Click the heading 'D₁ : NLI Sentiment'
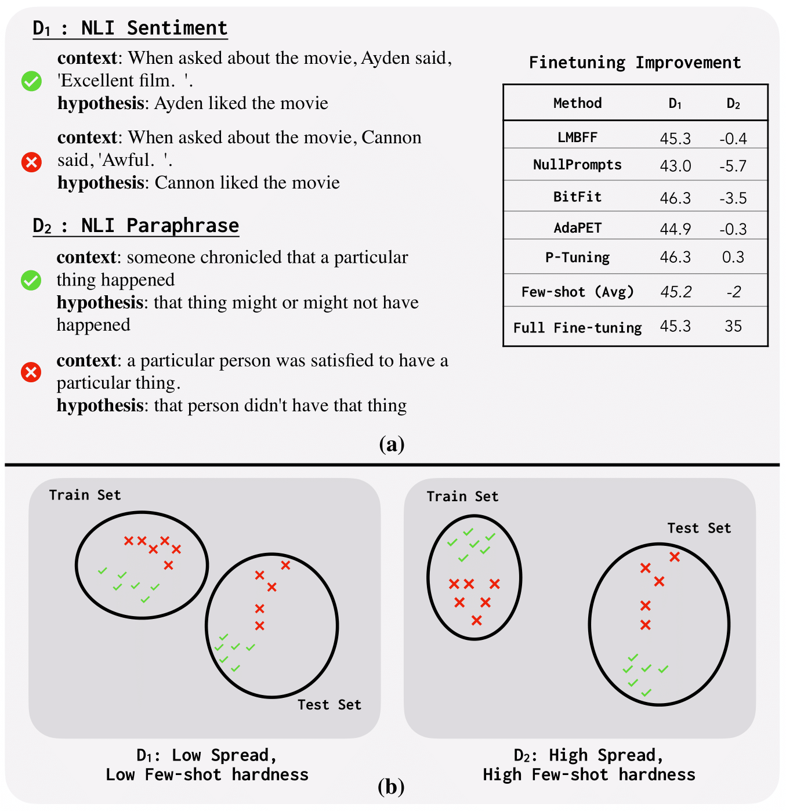tap(130, 28)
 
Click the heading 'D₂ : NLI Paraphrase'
tap(136, 225)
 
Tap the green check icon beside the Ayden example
tap(31, 81)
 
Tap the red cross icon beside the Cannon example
tap(31, 162)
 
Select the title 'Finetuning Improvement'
tap(635, 63)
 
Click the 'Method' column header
tap(577, 103)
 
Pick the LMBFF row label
tap(577, 137)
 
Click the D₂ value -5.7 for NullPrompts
tap(733, 166)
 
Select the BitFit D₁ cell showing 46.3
tap(675, 198)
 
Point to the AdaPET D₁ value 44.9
tap(675, 229)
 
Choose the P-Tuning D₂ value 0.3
tap(733, 257)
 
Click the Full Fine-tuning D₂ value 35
tap(733, 326)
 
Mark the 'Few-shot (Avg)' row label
tap(577, 292)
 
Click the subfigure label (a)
tap(392, 444)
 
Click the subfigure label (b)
tap(391, 787)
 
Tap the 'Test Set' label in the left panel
tap(329, 705)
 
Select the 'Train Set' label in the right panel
tap(462, 497)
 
